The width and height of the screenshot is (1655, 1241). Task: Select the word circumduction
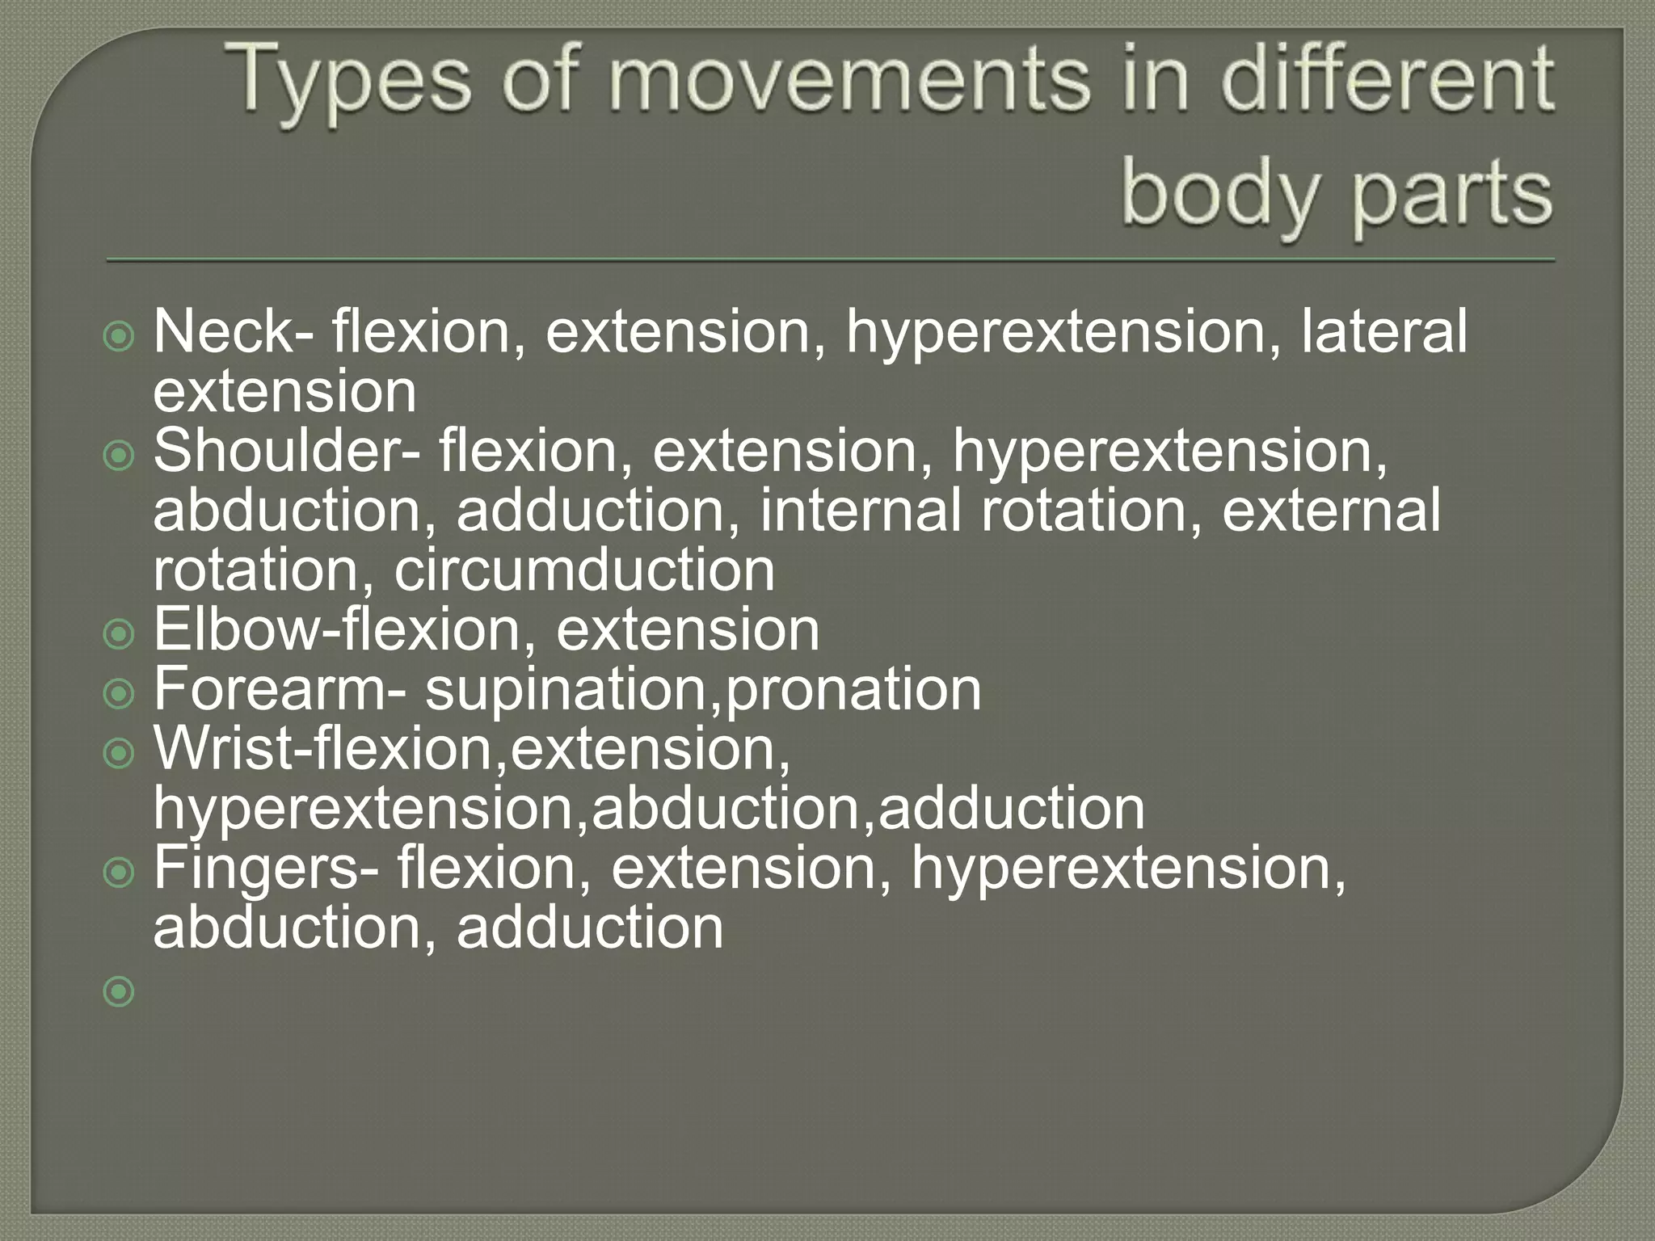point(584,570)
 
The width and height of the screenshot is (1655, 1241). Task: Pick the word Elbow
point(237,629)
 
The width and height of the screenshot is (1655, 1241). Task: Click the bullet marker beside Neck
point(120,337)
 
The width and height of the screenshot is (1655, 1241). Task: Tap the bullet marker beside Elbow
point(120,634)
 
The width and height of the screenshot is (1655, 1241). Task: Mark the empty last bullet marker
point(120,991)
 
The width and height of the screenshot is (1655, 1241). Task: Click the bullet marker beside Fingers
point(120,873)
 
